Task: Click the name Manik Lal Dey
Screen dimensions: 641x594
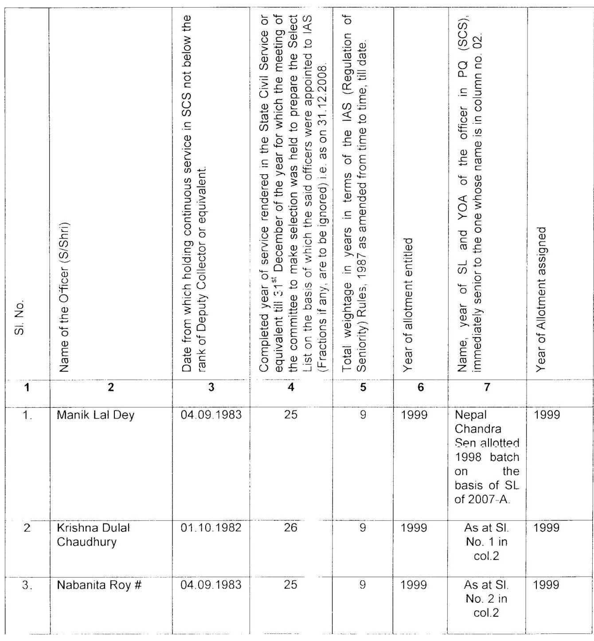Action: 95,415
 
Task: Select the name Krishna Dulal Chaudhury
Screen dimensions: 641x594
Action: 93,535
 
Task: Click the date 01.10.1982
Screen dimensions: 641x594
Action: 211,528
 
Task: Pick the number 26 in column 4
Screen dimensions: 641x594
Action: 290,528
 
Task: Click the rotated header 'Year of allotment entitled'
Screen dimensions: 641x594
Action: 409,304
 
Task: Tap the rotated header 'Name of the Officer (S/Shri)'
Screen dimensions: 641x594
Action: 64,297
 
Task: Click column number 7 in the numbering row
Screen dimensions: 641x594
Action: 487,387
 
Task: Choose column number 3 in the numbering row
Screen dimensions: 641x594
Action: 211,387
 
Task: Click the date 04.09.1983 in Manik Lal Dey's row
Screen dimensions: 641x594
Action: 211,415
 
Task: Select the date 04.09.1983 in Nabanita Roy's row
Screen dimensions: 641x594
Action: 211,585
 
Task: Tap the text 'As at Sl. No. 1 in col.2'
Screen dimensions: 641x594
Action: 487,542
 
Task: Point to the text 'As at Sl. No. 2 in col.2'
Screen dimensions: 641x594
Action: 487,599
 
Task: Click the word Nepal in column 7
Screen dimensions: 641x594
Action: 471,415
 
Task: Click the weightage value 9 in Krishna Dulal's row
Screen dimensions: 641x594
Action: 363,528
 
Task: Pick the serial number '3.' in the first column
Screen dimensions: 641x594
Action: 27,585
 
